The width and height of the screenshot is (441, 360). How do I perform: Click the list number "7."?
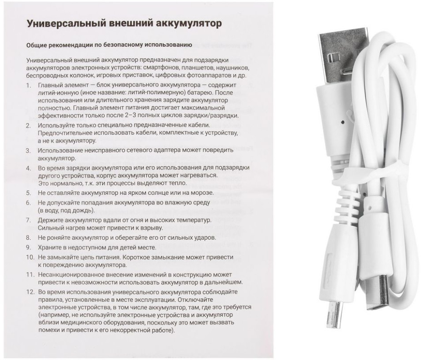28,220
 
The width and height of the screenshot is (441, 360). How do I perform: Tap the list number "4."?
28,168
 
